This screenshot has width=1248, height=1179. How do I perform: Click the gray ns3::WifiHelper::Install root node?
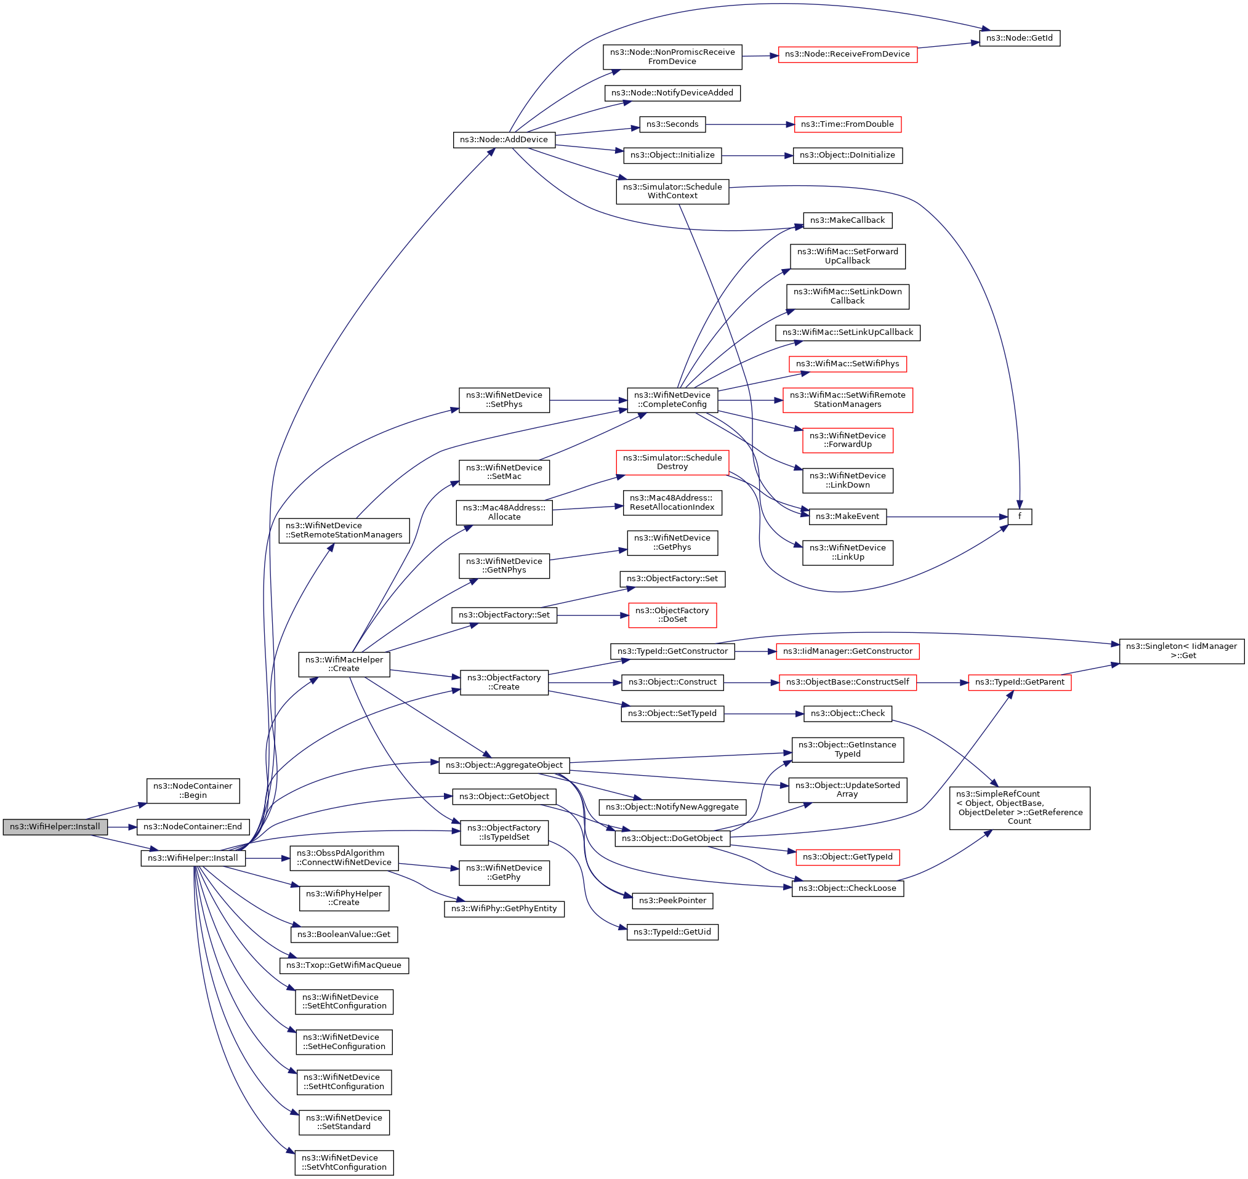pyautogui.click(x=55, y=826)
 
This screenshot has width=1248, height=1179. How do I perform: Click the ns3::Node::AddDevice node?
pyautogui.click(x=504, y=140)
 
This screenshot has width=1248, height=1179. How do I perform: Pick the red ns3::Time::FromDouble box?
pyautogui.click(x=847, y=124)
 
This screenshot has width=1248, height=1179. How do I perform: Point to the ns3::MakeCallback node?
pyautogui.click(x=847, y=220)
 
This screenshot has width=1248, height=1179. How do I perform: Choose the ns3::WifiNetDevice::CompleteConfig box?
pyautogui.click(x=672, y=400)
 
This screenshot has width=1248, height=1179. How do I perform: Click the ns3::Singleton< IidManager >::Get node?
pyautogui.click(x=1182, y=651)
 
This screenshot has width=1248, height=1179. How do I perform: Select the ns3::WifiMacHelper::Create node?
pyautogui.click(x=344, y=664)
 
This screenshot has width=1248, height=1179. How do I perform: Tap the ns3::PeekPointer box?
pyautogui.click(x=672, y=901)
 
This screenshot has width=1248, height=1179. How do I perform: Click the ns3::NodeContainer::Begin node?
pyautogui.click(x=193, y=791)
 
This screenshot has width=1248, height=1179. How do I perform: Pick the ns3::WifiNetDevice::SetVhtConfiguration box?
pyautogui.click(x=344, y=1162)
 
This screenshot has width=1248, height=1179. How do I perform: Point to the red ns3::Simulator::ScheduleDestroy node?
pyautogui.click(x=672, y=462)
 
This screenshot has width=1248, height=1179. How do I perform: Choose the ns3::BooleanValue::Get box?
pyautogui.click(x=344, y=935)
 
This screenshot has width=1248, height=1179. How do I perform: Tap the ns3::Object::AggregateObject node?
pyautogui.click(x=504, y=765)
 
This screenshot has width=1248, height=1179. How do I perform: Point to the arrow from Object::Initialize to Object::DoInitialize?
pyautogui.click(x=757, y=155)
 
